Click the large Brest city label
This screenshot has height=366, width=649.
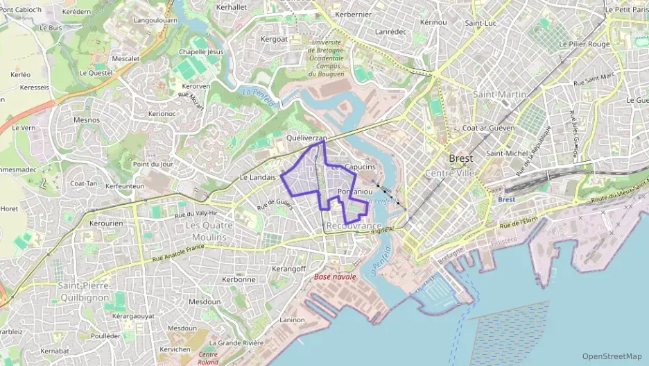tap(460, 158)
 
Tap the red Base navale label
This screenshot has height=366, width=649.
tap(335, 276)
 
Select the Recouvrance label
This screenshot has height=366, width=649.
tap(354, 226)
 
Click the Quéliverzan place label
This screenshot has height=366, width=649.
tap(306, 138)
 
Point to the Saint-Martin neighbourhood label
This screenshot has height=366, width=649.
tap(499, 94)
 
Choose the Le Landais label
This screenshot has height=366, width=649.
tap(258, 177)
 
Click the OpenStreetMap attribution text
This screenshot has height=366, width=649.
tap(612, 356)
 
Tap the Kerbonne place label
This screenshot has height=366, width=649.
tap(239, 279)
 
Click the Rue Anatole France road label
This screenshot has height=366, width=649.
tap(178, 253)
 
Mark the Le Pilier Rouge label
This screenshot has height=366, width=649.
tap(585, 44)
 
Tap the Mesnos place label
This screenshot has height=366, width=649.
tap(87, 120)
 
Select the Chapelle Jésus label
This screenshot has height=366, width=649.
tap(201, 52)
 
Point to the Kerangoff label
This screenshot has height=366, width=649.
tap(289, 269)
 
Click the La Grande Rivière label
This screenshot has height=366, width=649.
tap(236, 342)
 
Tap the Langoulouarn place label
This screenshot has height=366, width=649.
tap(156, 21)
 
